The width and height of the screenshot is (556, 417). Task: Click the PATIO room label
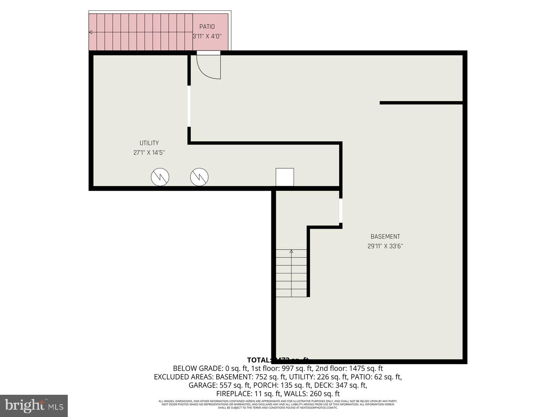tap(207, 27)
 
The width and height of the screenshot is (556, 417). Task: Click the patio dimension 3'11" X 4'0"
tap(207, 36)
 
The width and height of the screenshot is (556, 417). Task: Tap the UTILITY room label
tap(149, 143)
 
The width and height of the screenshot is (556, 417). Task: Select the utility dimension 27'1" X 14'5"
tap(149, 153)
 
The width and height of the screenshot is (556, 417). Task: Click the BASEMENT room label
tap(385, 237)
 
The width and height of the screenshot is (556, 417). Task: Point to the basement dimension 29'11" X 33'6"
tap(385, 246)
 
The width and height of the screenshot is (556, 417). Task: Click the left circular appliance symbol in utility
tap(160, 177)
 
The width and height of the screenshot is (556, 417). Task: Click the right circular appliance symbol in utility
tap(199, 177)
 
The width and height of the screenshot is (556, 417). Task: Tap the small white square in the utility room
tap(285, 177)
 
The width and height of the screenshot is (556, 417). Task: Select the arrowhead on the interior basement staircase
tap(291, 251)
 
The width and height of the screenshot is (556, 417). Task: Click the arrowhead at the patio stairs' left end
tap(90, 32)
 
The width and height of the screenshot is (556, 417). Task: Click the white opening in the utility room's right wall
tap(189, 106)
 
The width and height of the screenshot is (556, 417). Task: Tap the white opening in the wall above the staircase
tap(341, 211)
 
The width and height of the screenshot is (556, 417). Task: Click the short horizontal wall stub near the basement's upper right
tap(421, 103)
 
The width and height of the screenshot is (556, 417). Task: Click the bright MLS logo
tap(34, 406)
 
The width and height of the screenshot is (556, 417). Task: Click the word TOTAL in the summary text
tap(258, 360)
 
